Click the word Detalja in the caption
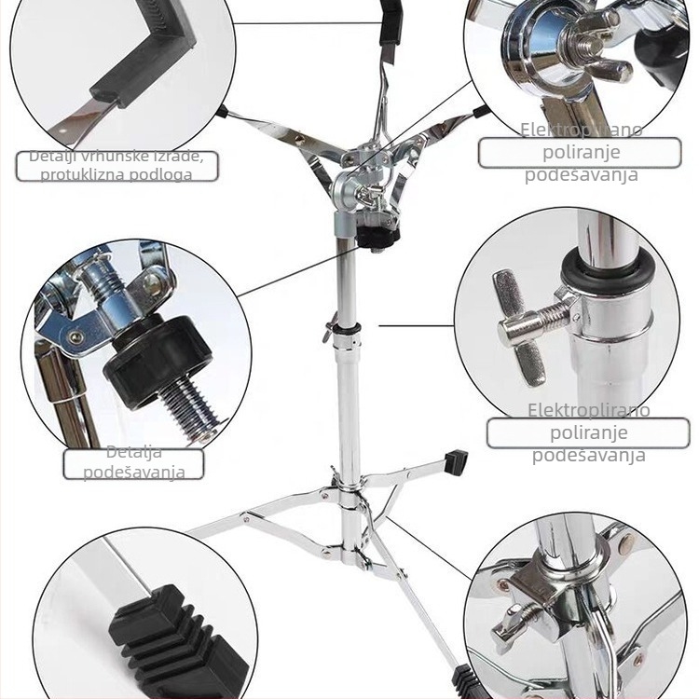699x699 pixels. [x=133, y=452]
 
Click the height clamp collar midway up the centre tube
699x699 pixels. [x=347, y=331]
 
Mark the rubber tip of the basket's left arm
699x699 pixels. [x=222, y=111]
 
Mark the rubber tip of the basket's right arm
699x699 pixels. [x=480, y=111]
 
